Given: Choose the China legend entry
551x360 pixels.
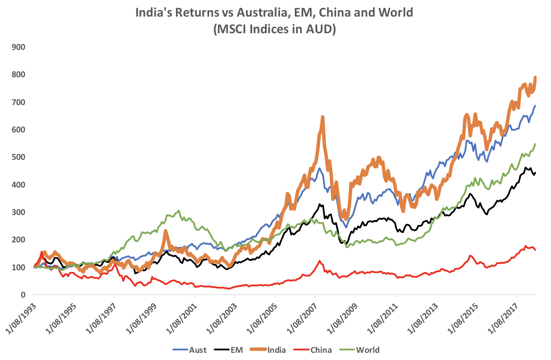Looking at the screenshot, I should click(321, 350).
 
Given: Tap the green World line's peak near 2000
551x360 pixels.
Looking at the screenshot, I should click(179, 211).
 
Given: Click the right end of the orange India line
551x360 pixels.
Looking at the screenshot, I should click(535, 77).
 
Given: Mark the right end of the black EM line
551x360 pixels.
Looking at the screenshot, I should click(535, 172).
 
